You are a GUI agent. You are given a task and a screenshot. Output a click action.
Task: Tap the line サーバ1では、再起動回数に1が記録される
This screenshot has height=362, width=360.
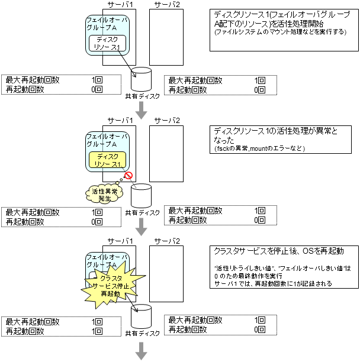pos(273,284)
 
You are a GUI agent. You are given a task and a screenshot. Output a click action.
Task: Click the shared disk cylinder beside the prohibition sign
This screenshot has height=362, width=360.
pos(142,196)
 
